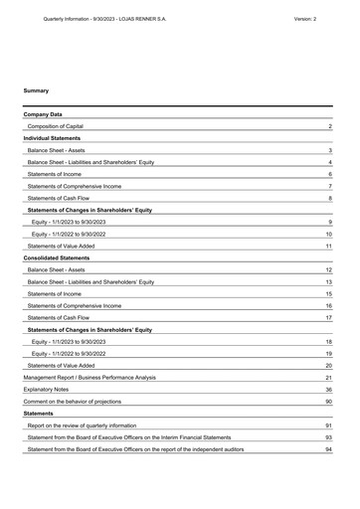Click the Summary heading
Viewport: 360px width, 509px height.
[36, 90]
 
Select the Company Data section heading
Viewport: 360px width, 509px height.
[43, 115]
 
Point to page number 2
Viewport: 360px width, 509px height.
[329, 127]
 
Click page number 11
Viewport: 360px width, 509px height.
[328, 245]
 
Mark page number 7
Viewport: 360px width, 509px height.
[329, 186]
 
